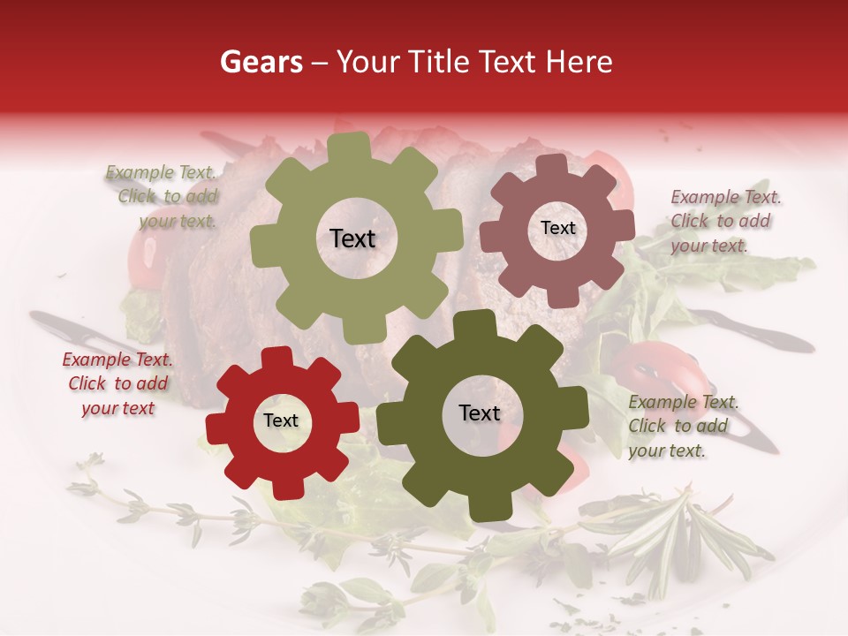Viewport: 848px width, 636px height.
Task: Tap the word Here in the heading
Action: click(x=579, y=62)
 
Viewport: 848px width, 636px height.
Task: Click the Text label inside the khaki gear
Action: click(x=352, y=238)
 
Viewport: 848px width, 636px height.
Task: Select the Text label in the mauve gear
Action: click(x=557, y=228)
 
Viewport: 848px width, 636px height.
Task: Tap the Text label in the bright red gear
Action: click(x=281, y=421)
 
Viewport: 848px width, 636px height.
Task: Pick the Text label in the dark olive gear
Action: click(x=479, y=413)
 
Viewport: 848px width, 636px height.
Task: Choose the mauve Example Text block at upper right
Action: click(x=724, y=221)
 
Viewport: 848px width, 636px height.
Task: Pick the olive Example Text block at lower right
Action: click(x=682, y=426)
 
